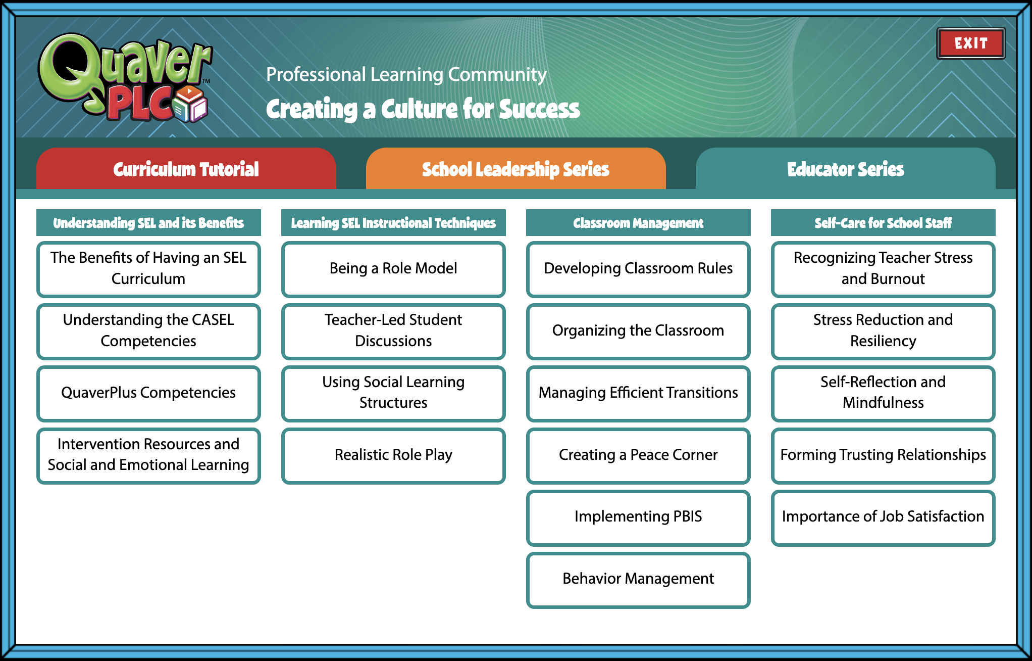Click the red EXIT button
pos(970,43)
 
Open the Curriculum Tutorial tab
pos(186,169)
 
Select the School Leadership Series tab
pos(515,169)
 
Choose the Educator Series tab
pos(845,169)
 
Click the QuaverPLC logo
pos(125,78)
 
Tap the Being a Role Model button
pos(393,268)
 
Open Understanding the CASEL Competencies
pos(148,330)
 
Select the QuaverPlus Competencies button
pos(148,393)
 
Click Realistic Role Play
pos(393,455)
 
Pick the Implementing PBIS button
pos(638,517)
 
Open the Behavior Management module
pos(638,579)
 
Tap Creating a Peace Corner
pos(638,455)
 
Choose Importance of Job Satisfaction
pos(883,517)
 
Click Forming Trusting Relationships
pos(883,455)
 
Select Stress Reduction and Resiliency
pos(883,330)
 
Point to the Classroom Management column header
pos(638,223)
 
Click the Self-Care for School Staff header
pos(883,223)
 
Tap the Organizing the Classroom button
pos(638,330)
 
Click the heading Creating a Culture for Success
pos(423,109)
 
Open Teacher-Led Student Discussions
pos(393,330)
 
